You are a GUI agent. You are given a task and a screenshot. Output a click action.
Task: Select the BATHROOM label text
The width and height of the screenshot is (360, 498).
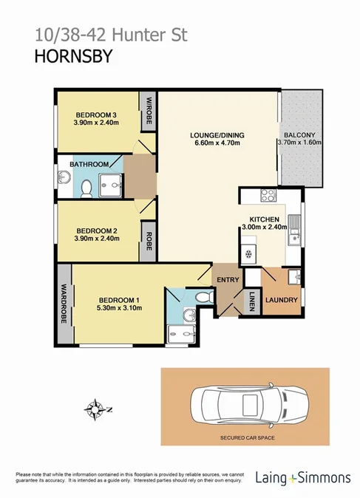click(90, 163)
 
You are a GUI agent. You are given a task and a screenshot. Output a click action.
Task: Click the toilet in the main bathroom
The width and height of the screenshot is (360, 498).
click(86, 188)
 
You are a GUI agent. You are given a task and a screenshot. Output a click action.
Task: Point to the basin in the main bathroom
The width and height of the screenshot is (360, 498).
click(61, 177)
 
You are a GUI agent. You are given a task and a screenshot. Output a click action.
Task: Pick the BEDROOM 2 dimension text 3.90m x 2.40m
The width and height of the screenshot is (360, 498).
click(97, 239)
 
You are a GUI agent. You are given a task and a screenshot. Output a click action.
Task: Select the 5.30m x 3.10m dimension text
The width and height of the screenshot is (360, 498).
click(119, 309)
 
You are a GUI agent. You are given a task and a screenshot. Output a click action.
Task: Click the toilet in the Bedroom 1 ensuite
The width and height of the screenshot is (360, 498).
click(204, 297)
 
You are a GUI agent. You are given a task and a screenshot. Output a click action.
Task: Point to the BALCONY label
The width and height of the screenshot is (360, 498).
click(298, 135)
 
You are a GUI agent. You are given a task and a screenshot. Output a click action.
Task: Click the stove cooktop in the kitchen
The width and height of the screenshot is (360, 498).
click(268, 196)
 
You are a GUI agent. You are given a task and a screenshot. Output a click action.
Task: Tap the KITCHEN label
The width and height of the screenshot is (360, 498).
click(263, 220)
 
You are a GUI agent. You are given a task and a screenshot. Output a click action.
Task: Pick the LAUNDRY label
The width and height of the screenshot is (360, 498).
click(282, 300)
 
